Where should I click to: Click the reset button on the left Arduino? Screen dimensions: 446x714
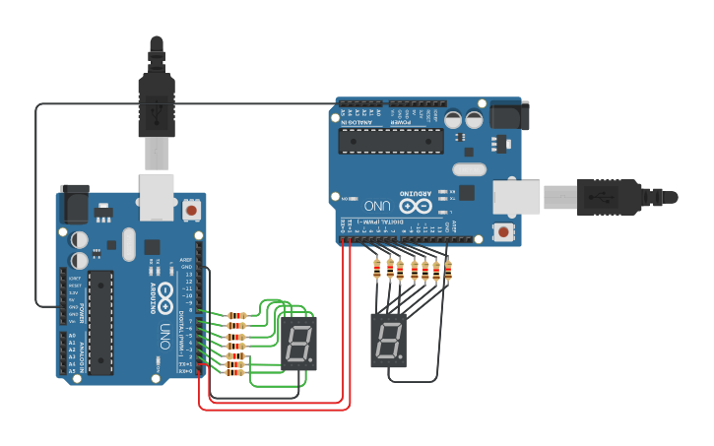pyautogui.click(x=190, y=209)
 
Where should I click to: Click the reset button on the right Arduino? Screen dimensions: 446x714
pyautogui.click(x=504, y=232)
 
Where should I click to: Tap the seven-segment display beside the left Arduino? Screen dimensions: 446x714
pyautogui.click(x=298, y=344)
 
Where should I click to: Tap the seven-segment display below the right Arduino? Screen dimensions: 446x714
pyautogui.click(x=388, y=340)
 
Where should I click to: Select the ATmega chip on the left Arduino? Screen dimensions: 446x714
pyautogui.click(x=101, y=322)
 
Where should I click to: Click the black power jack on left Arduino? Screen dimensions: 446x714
pyautogui.click(x=74, y=204)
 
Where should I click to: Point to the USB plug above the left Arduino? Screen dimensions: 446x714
pyautogui.click(x=157, y=108)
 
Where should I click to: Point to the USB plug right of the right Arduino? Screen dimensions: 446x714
pyautogui.click(x=611, y=196)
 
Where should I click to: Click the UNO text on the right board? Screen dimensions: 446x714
pyautogui.click(x=378, y=206)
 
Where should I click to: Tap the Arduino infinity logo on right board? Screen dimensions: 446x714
pyautogui.click(x=416, y=206)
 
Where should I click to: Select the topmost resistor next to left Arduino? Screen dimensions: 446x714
pyautogui.click(x=236, y=316)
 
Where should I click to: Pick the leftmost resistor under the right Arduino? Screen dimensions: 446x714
pyautogui.click(x=378, y=268)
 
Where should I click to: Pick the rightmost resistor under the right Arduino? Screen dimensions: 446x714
pyautogui.click(x=448, y=268)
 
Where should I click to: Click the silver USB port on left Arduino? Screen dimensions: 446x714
pyautogui.click(x=157, y=196)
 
